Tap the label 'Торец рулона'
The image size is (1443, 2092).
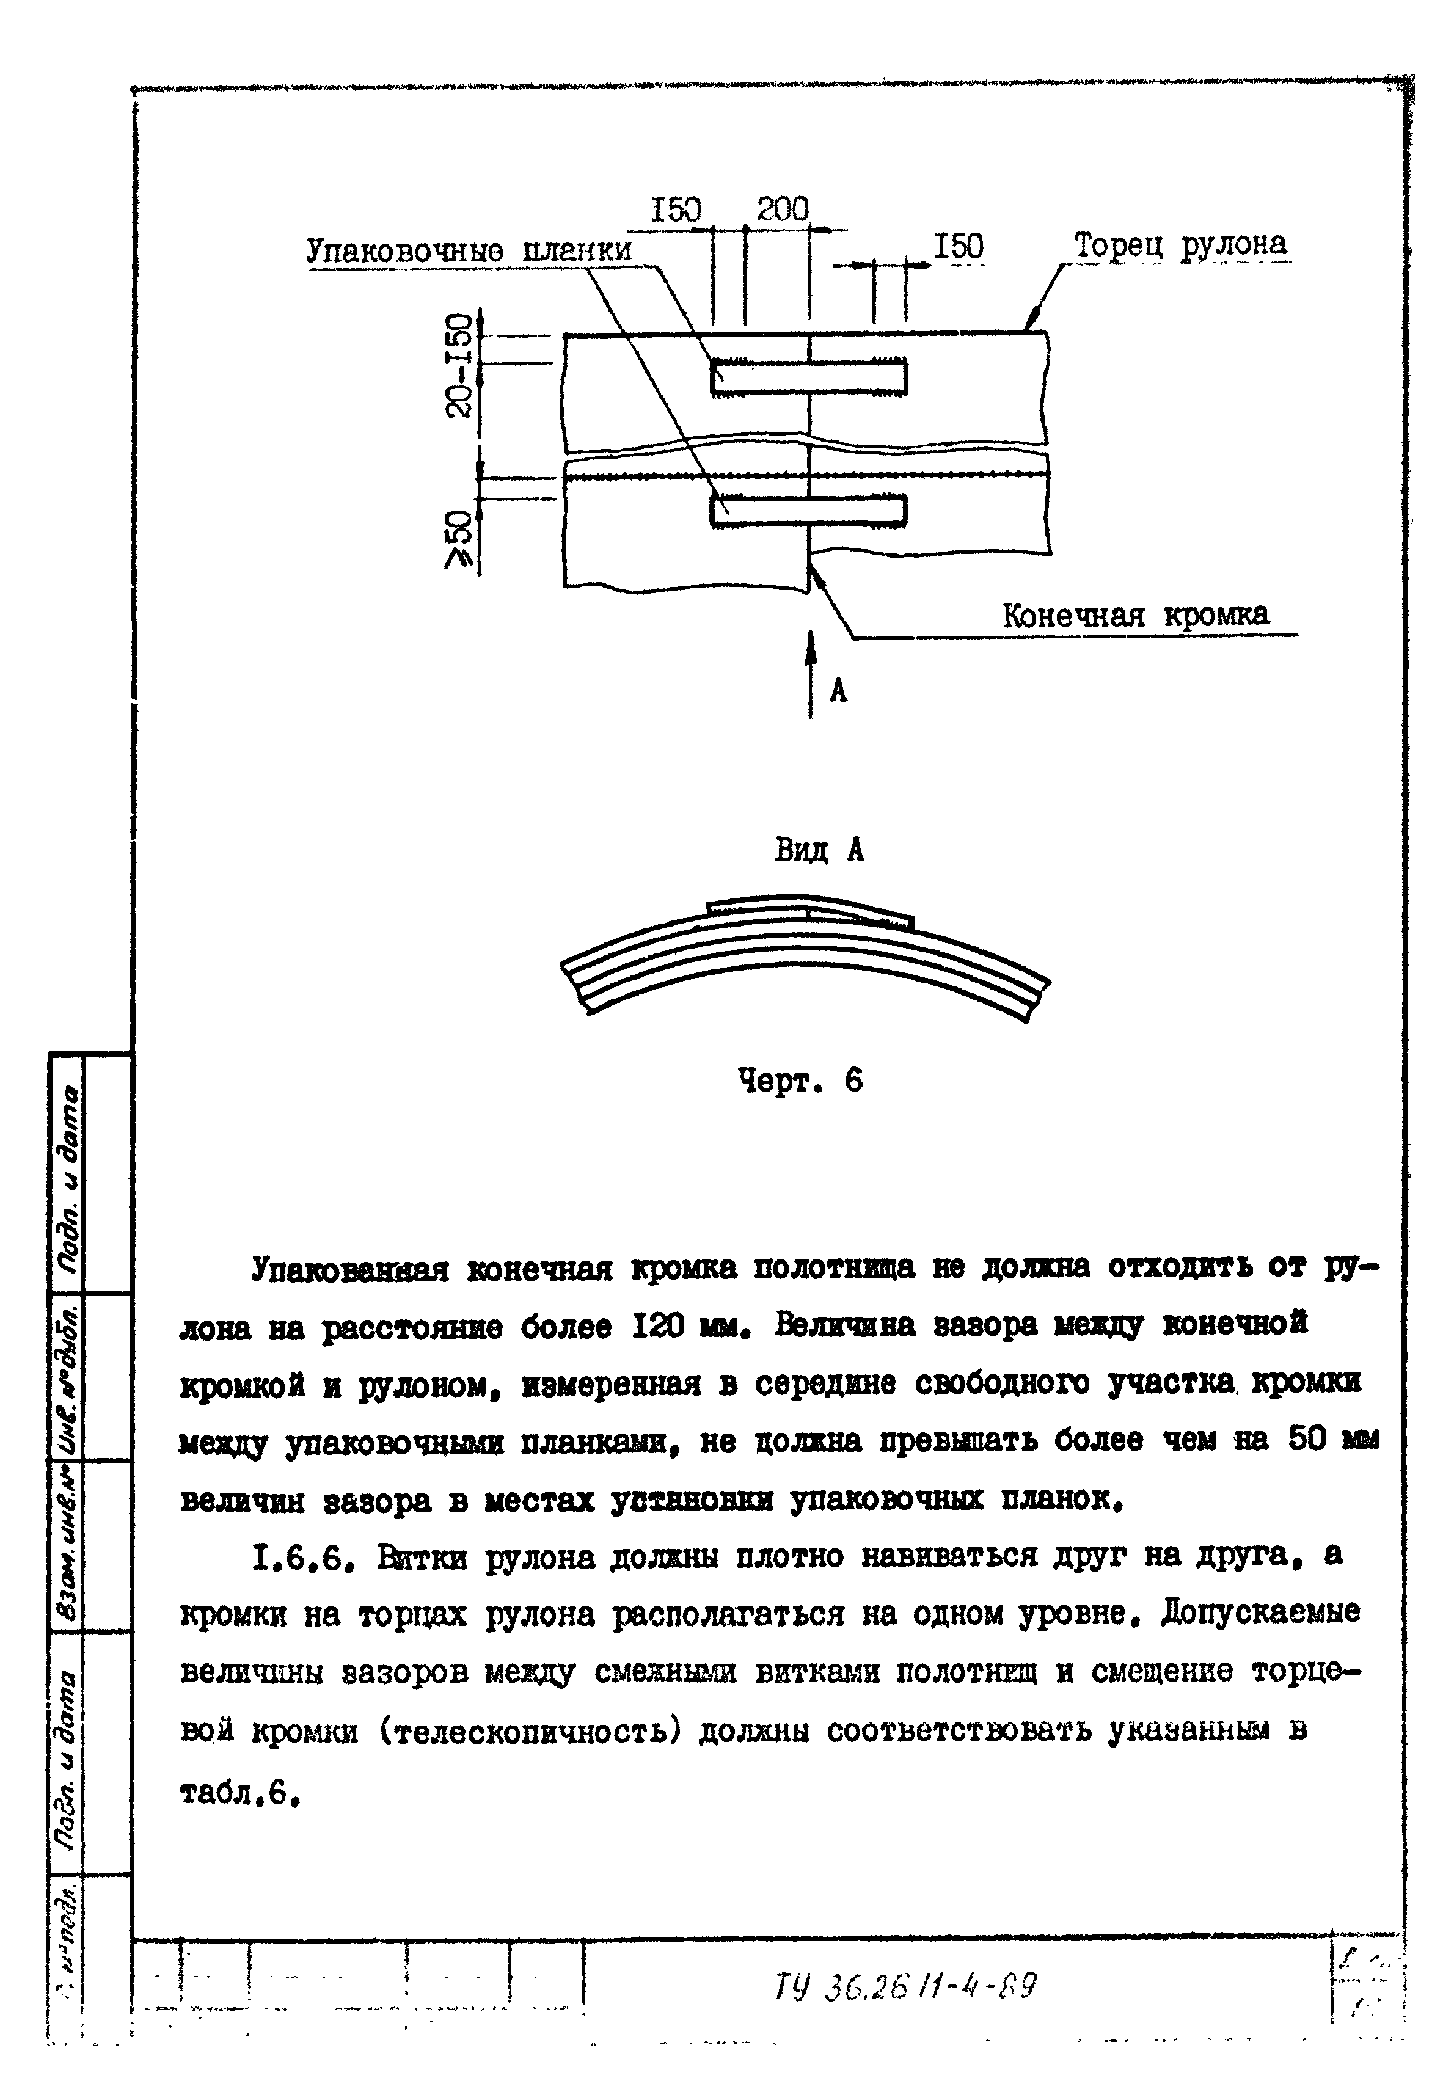pos(1180,245)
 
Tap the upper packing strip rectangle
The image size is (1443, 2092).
pos(808,377)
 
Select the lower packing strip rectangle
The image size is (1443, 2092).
pos(808,510)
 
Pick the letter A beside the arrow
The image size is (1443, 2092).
pos(839,691)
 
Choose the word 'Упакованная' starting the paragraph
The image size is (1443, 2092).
pos(350,1269)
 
